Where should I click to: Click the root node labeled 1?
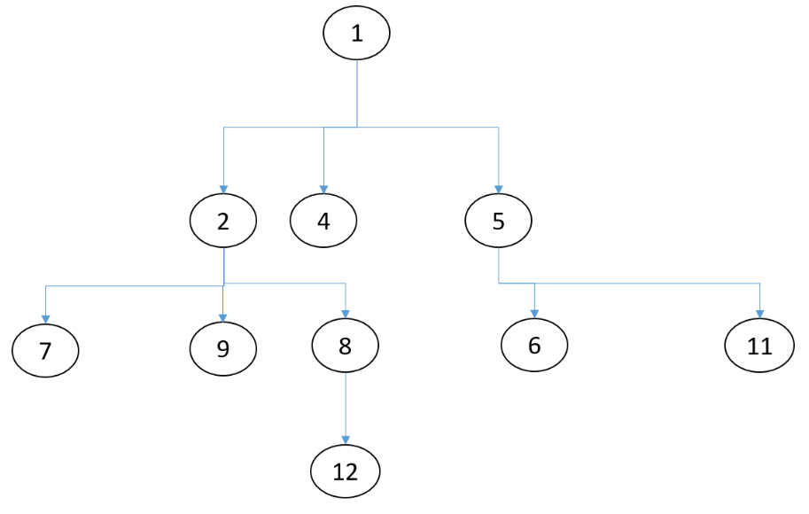coord(356,35)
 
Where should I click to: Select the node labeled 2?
coord(223,220)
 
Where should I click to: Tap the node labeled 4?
coord(323,220)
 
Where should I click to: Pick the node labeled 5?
coord(498,220)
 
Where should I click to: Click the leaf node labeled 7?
coord(45,350)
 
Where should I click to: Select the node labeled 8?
coord(346,345)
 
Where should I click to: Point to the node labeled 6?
coord(534,345)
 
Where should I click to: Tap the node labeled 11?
coord(759,346)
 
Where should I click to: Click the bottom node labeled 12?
coord(346,471)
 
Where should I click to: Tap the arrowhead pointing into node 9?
coord(223,318)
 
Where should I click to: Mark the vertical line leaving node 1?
coord(356,93)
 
